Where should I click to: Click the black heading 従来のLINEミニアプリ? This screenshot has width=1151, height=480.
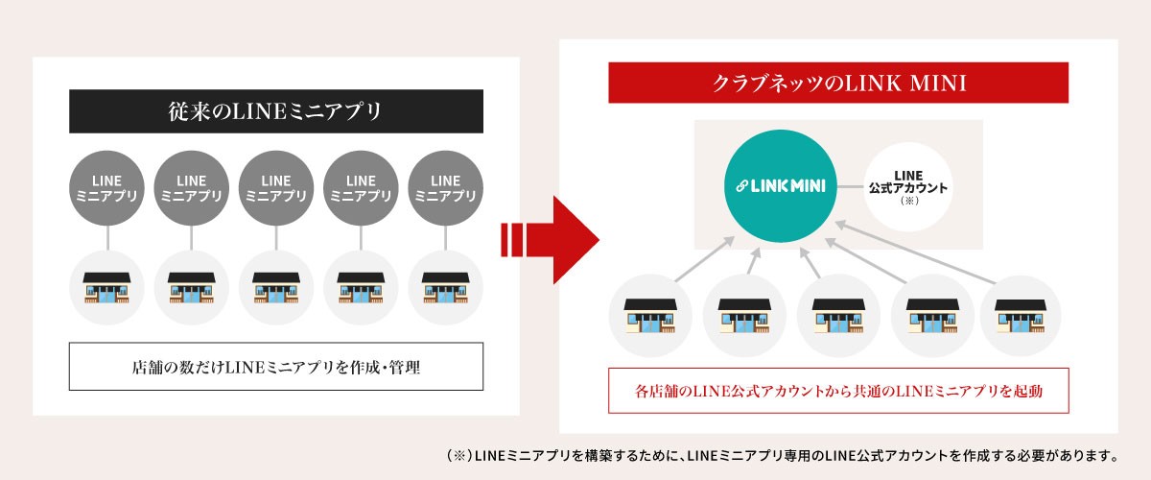pyautogui.click(x=276, y=111)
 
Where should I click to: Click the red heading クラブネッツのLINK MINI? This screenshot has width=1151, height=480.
pyautogui.click(x=838, y=83)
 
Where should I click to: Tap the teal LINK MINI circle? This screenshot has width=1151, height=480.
pyautogui.click(x=780, y=185)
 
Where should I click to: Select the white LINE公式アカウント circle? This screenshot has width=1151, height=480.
pyautogui.click(x=908, y=187)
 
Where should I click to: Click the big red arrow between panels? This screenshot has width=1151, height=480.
pyautogui.click(x=550, y=240)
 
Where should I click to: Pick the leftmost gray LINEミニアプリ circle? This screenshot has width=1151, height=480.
pyautogui.click(x=106, y=188)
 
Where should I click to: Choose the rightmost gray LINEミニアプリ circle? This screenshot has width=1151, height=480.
pyautogui.click(x=445, y=188)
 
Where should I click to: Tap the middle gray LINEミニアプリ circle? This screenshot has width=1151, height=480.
pyautogui.click(x=276, y=188)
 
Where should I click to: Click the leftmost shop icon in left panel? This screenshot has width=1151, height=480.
pyautogui.click(x=106, y=288)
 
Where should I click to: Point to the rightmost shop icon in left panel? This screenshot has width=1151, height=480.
pyautogui.click(x=445, y=288)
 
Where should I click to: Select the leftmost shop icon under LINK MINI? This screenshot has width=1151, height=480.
pyautogui.click(x=650, y=316)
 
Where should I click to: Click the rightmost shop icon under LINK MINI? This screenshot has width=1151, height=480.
pyautogui.click(x=1021, y=316)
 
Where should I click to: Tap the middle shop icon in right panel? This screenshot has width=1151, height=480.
pyautogui.click(x=838, y=316)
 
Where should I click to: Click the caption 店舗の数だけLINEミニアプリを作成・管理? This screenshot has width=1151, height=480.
pyautogui.click(x=276, y=368)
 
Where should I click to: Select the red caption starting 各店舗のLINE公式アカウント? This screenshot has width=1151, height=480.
pyautogui.click(x=838, y=392)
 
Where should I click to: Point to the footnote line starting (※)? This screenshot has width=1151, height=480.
pyautogui.click(x=782, y=456)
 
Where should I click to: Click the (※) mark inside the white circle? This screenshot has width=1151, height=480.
pyautogui.click(x=909, y=201)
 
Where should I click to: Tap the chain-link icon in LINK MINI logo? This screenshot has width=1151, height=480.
pyautogui.click(x=741, y=185)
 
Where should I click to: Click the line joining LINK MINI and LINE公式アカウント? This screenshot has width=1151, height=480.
pyautogui.click(x=851, y=186)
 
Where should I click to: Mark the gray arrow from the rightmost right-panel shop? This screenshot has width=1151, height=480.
pyautogui.click(x=915, y=252)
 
